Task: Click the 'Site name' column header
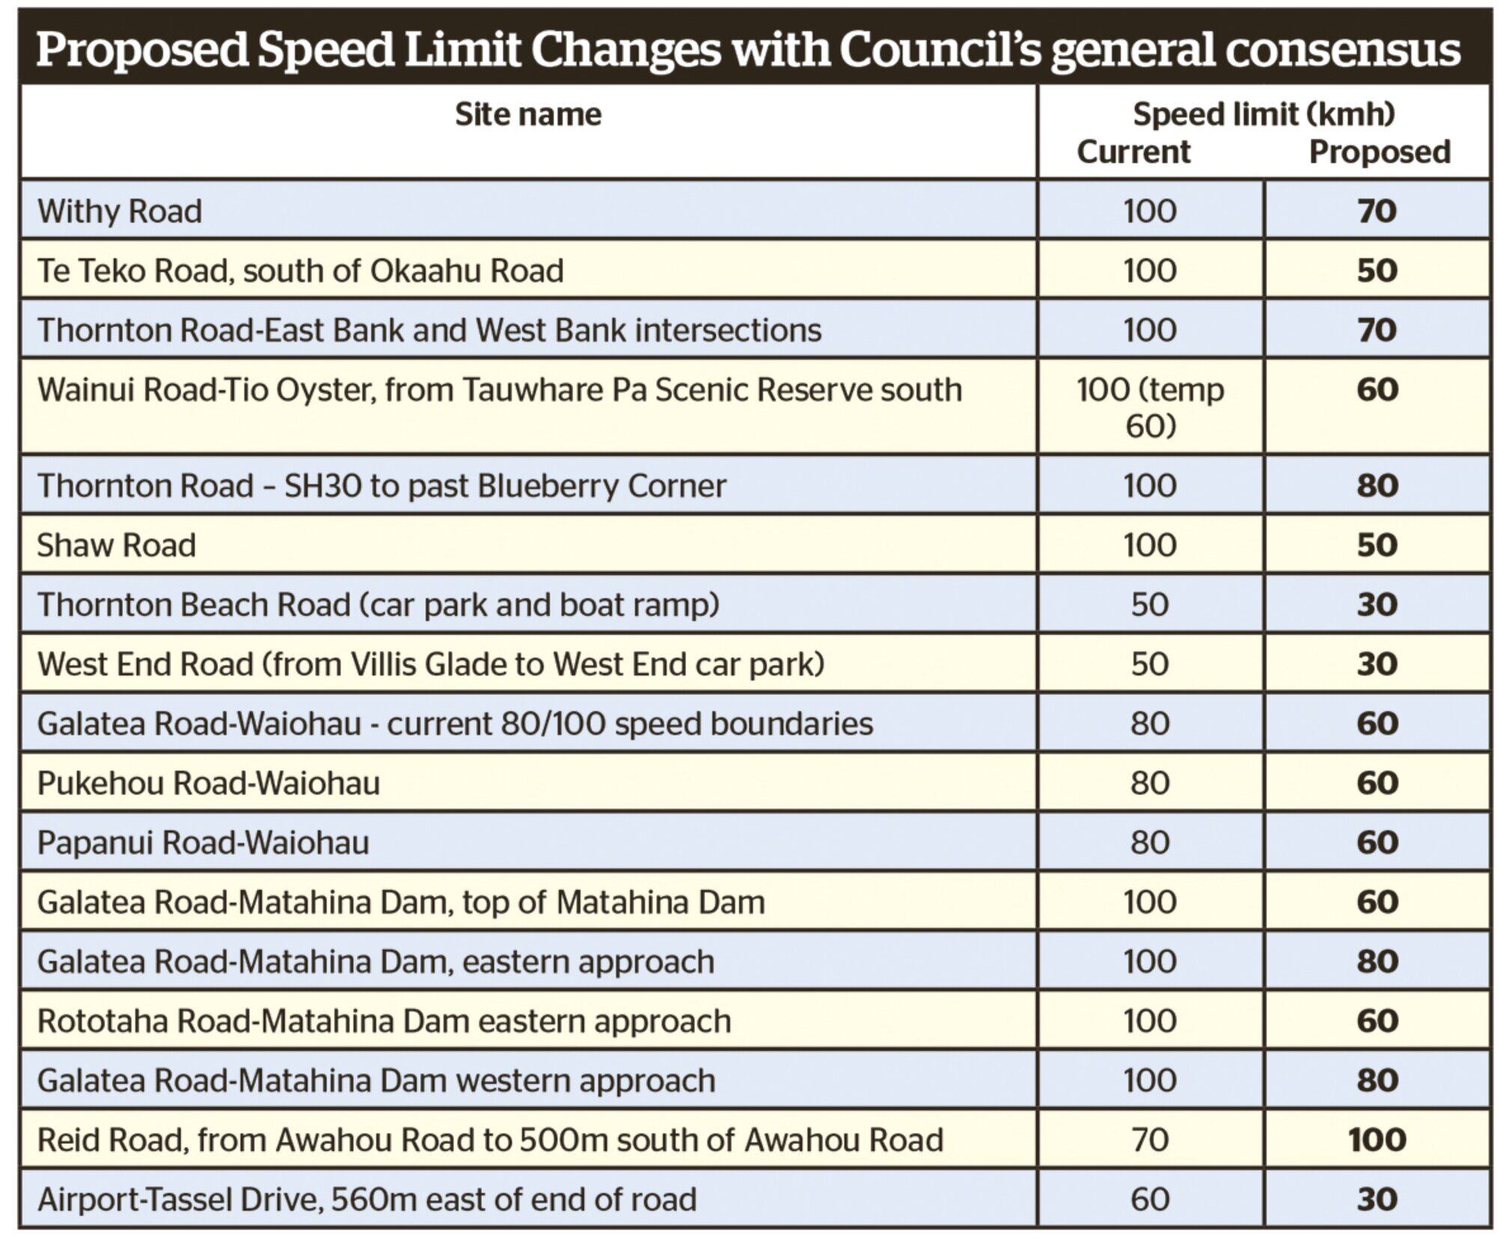(528, 115)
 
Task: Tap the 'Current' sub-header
(1132, 152)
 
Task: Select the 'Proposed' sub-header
(1379, 152)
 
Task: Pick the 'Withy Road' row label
(120, 211)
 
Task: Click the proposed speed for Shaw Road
(1377, 545)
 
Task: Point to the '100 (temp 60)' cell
(1150, 408)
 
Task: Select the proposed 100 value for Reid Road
(1377, 1140)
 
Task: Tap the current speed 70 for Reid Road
(1150, 1140)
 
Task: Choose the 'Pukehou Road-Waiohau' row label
(209, 784)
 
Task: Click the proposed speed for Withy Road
(1377, 211)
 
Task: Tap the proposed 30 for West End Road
(1377, 664)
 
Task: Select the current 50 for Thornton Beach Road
(1150, 605)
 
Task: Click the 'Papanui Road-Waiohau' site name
(204, 843)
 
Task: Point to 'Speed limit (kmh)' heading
(1264, 115)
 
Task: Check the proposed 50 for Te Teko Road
(1377, 271)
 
